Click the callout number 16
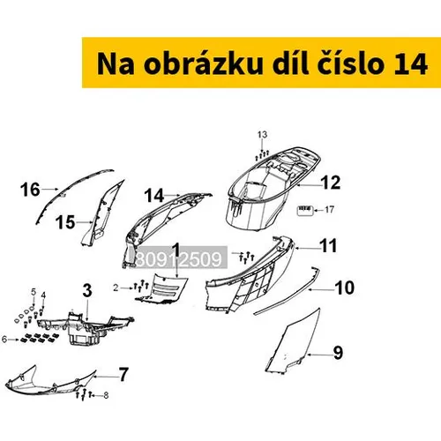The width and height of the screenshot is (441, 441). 30,190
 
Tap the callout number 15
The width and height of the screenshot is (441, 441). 65,222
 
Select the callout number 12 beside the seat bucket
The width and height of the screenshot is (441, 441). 332,183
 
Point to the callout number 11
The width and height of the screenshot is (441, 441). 328,246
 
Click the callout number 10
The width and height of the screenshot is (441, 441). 345,288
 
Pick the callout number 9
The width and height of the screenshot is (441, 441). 339,352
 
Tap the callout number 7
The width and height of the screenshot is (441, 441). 123,375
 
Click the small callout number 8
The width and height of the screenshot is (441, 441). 106,395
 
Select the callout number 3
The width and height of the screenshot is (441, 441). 87,291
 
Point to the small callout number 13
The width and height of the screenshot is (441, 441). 262,135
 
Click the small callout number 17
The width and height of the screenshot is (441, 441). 329,210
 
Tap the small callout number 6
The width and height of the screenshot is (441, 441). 4,340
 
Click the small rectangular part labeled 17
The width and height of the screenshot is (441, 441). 304,211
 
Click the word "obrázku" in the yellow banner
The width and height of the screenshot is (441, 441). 203,64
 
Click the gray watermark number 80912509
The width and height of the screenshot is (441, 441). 180,258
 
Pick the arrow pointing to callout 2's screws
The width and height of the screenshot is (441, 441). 127,288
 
